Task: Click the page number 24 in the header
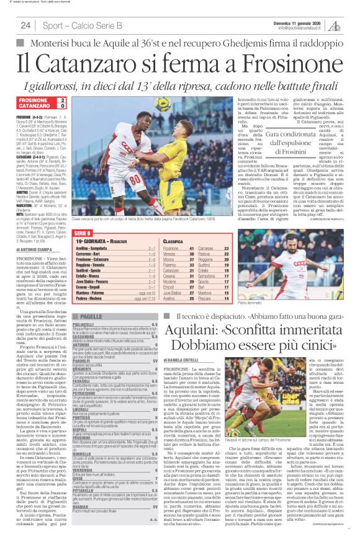(25, 25)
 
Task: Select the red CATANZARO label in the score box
(31, 106)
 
